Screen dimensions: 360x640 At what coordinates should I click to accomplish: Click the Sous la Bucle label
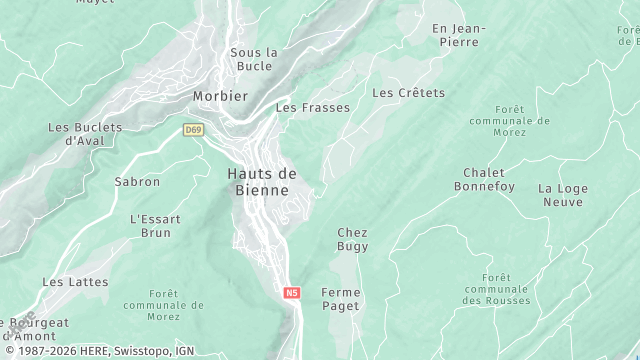pyautogui.click(x=254, y=59)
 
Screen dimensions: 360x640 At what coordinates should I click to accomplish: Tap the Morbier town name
pyautogui.click(x=219, y=96)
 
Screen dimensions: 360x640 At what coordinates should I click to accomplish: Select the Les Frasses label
pyautogui.click(x=313, y=107)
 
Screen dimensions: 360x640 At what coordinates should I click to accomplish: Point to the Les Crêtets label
pyautogui.click(x=408, y=93)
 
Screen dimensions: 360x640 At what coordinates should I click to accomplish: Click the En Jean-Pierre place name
pyautogui.click(x=456, y=35)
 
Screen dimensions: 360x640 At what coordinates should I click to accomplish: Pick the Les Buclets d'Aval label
pyautogui.click(x=84, y=134)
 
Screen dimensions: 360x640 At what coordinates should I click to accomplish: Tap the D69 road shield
pyautogui.click(x=193, y=130)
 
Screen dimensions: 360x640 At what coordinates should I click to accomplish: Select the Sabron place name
pyautogui.click(x=137, y=182)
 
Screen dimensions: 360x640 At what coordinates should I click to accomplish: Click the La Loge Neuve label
pyautogui.click(x=560, y=195)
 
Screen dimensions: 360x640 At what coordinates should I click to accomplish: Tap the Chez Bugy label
pyautogui.click(x=352, y=239)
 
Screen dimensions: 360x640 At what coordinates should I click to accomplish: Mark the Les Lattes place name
pyautogui.click(x=75, y=282)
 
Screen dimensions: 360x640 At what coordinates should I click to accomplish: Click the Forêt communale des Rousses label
pyautogui.click(x=495, y=289)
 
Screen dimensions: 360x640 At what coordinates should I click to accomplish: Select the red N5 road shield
pyautogui.click(x=291, y=293)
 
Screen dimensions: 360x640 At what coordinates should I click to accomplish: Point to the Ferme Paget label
pyautogui.click(x=340, y=299)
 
